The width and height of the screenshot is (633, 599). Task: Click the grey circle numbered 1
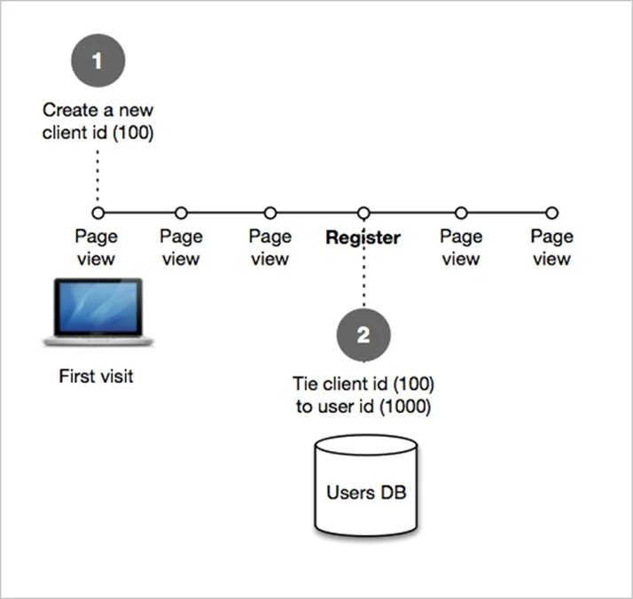coord(98,61)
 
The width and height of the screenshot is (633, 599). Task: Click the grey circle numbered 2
coord(363,334)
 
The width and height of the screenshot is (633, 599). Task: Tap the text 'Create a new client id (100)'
coord(98,122)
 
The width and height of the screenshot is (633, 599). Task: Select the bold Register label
coord(363,237)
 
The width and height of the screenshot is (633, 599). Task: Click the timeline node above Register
coord(363,213)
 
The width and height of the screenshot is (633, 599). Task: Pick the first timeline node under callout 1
coord(98,213)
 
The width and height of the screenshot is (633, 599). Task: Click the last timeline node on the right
coord(551,213)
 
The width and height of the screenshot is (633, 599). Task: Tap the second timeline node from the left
coord(181,213)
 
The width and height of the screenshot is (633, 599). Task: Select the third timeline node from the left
coord(270,213)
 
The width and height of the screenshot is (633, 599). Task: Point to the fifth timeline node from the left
coord(461,213)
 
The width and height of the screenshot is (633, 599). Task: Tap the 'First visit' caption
coord(96,377)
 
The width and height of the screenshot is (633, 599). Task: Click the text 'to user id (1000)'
coord(363,408)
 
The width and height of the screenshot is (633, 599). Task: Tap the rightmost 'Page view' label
coord(551,248)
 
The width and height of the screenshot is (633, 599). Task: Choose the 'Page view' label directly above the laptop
coord(96,248)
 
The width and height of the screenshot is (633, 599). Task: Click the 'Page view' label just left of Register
coord(270,248)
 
